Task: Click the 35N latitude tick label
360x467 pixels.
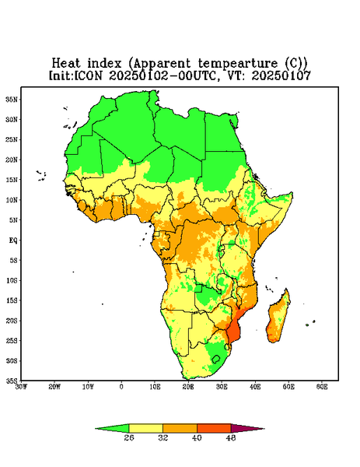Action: tap(12, 99)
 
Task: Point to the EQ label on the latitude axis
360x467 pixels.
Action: tap(13, 240)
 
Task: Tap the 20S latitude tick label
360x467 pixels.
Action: tap(12, 321)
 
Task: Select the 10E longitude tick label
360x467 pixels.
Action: tap(155, 387)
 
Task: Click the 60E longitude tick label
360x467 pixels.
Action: tap(322, 387)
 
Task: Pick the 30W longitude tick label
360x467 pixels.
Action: tap(21, 387)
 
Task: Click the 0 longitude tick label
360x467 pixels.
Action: tap(121, 387)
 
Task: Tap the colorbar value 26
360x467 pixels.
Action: tap(129, 437)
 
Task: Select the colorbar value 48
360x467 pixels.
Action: tap(231, 437)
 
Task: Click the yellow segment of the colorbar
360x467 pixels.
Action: tap(145, 428)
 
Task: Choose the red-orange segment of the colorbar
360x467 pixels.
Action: tap(214, 428)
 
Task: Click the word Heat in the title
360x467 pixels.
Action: tap(66, 63)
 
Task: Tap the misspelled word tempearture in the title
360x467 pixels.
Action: tap(238, 64)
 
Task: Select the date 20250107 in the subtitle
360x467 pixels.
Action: tap(281, 75)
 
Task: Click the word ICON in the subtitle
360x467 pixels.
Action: tap(88, 75)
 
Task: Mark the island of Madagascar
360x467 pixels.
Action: tap(278, 318)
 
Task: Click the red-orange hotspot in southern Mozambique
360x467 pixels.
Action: tap(233, 332)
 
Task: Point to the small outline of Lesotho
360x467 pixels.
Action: tap(215, 359)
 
